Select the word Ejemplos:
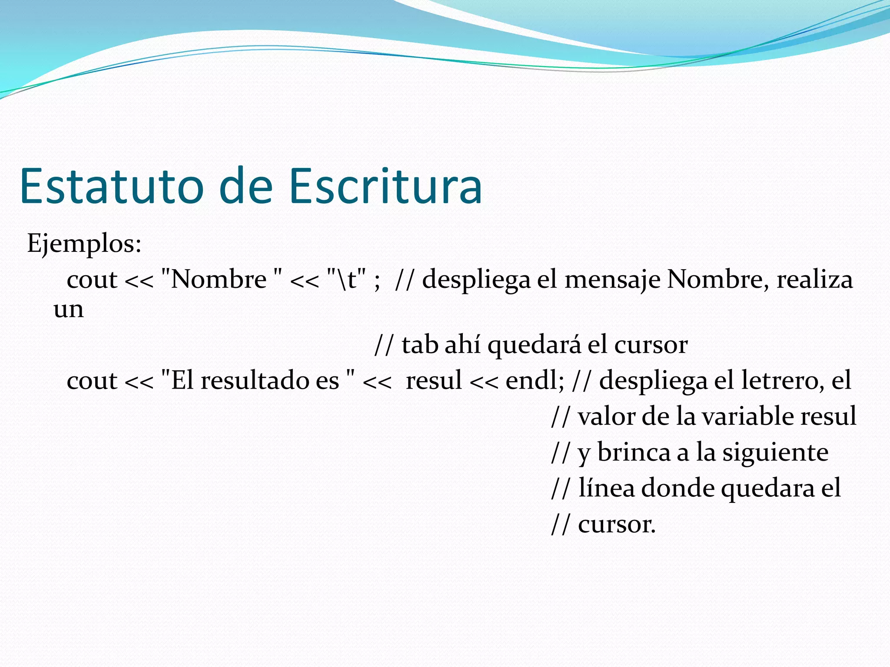click(x=84, y=244)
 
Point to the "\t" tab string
click(x=346, y=279)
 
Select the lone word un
click(x=69, y=310)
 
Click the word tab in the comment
click(x=419, y=345)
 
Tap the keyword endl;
click(x=535, y=381)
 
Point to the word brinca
click(x=634, y=452)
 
